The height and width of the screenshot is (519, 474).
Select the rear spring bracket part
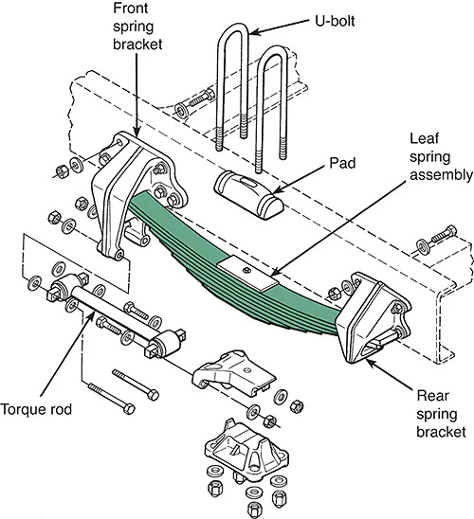click(x=374, y=317)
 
